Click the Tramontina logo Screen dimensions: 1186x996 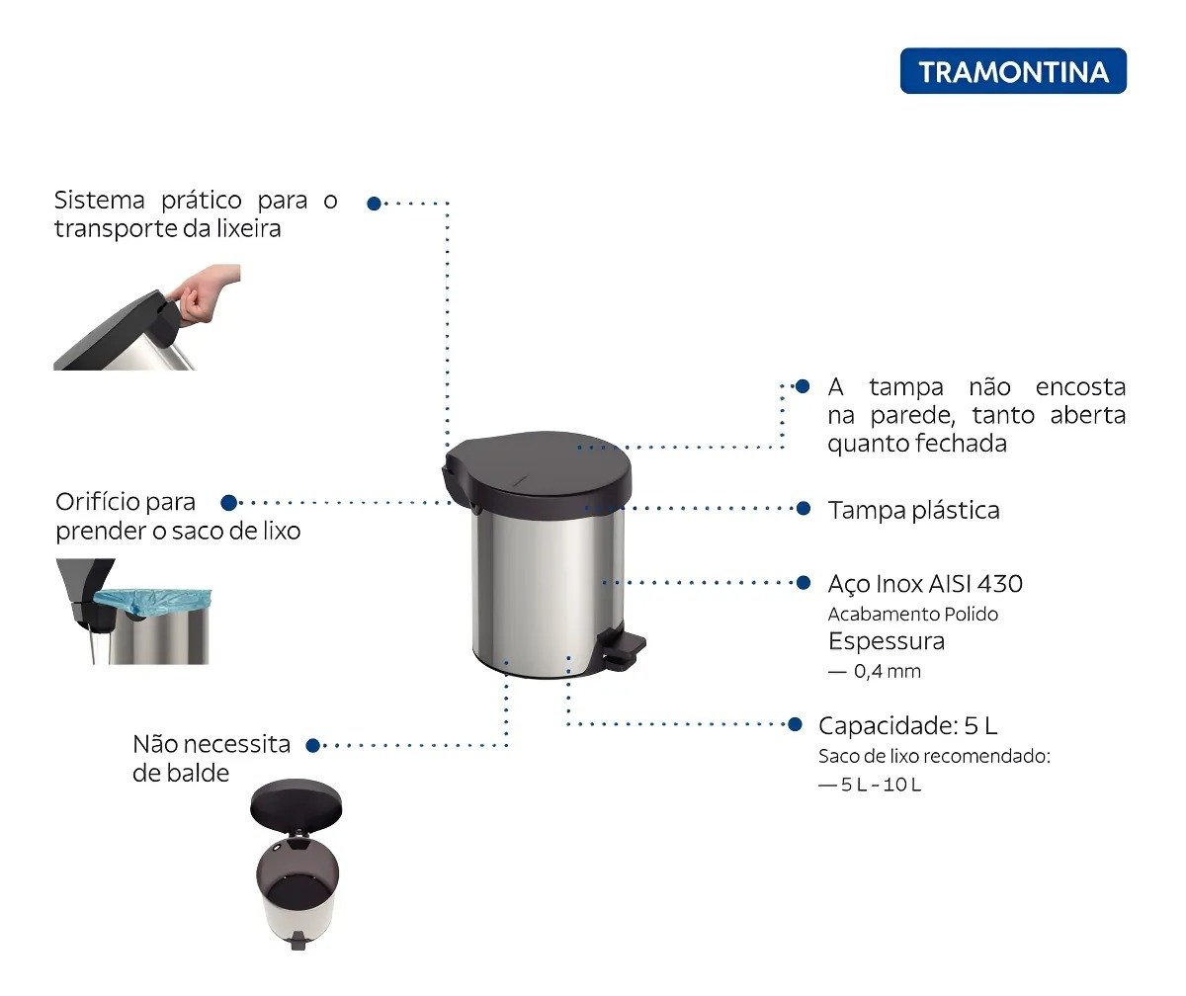click(x=1013, y=71)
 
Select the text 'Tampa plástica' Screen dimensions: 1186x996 click(x=913, y=511)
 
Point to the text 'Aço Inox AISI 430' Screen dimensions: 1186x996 click(x=925, y=584)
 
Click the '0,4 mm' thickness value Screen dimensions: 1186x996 click(x=888, y=672)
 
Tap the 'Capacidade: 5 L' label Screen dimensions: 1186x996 click(x=907, y=725)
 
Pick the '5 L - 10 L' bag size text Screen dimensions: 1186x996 click(x=881, y=785)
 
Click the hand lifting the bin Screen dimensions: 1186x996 click(x=205, y=295)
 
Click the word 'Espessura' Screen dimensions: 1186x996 click(x=887, y=642)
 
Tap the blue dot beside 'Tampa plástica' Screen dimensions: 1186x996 click(x=804, y=508)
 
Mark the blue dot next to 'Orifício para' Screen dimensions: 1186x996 click(x=229, y=503)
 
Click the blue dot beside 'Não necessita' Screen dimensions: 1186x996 click(x=312, y=746)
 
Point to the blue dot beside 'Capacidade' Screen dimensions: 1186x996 click(x=795, y=724)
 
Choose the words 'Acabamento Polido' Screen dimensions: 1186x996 click(x=913, y=615)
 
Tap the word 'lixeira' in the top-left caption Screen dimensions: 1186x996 click(x=249, y=229)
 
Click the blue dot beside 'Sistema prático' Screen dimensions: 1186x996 click(x=374, y=204)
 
